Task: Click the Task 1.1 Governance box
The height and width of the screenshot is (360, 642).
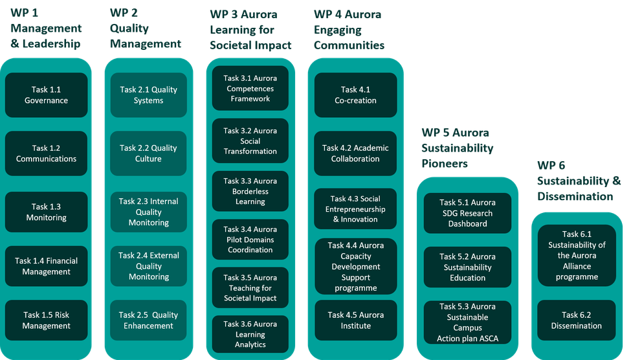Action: [46, 95]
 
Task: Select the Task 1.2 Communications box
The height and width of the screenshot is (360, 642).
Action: [46, 153]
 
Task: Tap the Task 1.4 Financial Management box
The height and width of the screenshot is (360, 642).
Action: [46, 266]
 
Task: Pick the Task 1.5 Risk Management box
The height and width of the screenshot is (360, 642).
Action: [46, 321]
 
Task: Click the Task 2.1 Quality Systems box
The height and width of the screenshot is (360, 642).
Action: [148, 95]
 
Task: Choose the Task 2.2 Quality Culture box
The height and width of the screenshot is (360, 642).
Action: [148, 153]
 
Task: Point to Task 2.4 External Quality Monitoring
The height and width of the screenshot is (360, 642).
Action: [148, 266]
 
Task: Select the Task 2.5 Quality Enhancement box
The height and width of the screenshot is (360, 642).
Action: [148, 321]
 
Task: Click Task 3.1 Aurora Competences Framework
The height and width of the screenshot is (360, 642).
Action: [250, 89]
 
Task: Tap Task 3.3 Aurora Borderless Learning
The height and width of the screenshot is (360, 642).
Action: [250, 191]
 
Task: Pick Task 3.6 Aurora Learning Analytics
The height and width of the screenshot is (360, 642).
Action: [250, 334]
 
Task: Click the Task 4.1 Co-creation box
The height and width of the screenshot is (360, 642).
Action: [355, 95]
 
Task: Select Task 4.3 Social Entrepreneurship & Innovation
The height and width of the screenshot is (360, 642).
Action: [355, 209]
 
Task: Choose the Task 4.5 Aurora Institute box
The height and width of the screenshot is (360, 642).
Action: [355, 321]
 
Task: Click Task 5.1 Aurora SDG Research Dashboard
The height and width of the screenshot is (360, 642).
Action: [467, 213]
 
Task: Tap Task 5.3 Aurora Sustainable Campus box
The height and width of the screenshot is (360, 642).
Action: [467, 322]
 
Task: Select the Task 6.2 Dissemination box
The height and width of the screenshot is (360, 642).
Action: [576, 321]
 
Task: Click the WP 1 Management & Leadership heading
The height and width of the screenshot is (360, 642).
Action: [46, 29]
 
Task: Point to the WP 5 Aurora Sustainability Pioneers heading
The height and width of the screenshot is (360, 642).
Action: [458, 148]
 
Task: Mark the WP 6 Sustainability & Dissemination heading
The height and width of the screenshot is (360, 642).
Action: [578, 181]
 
